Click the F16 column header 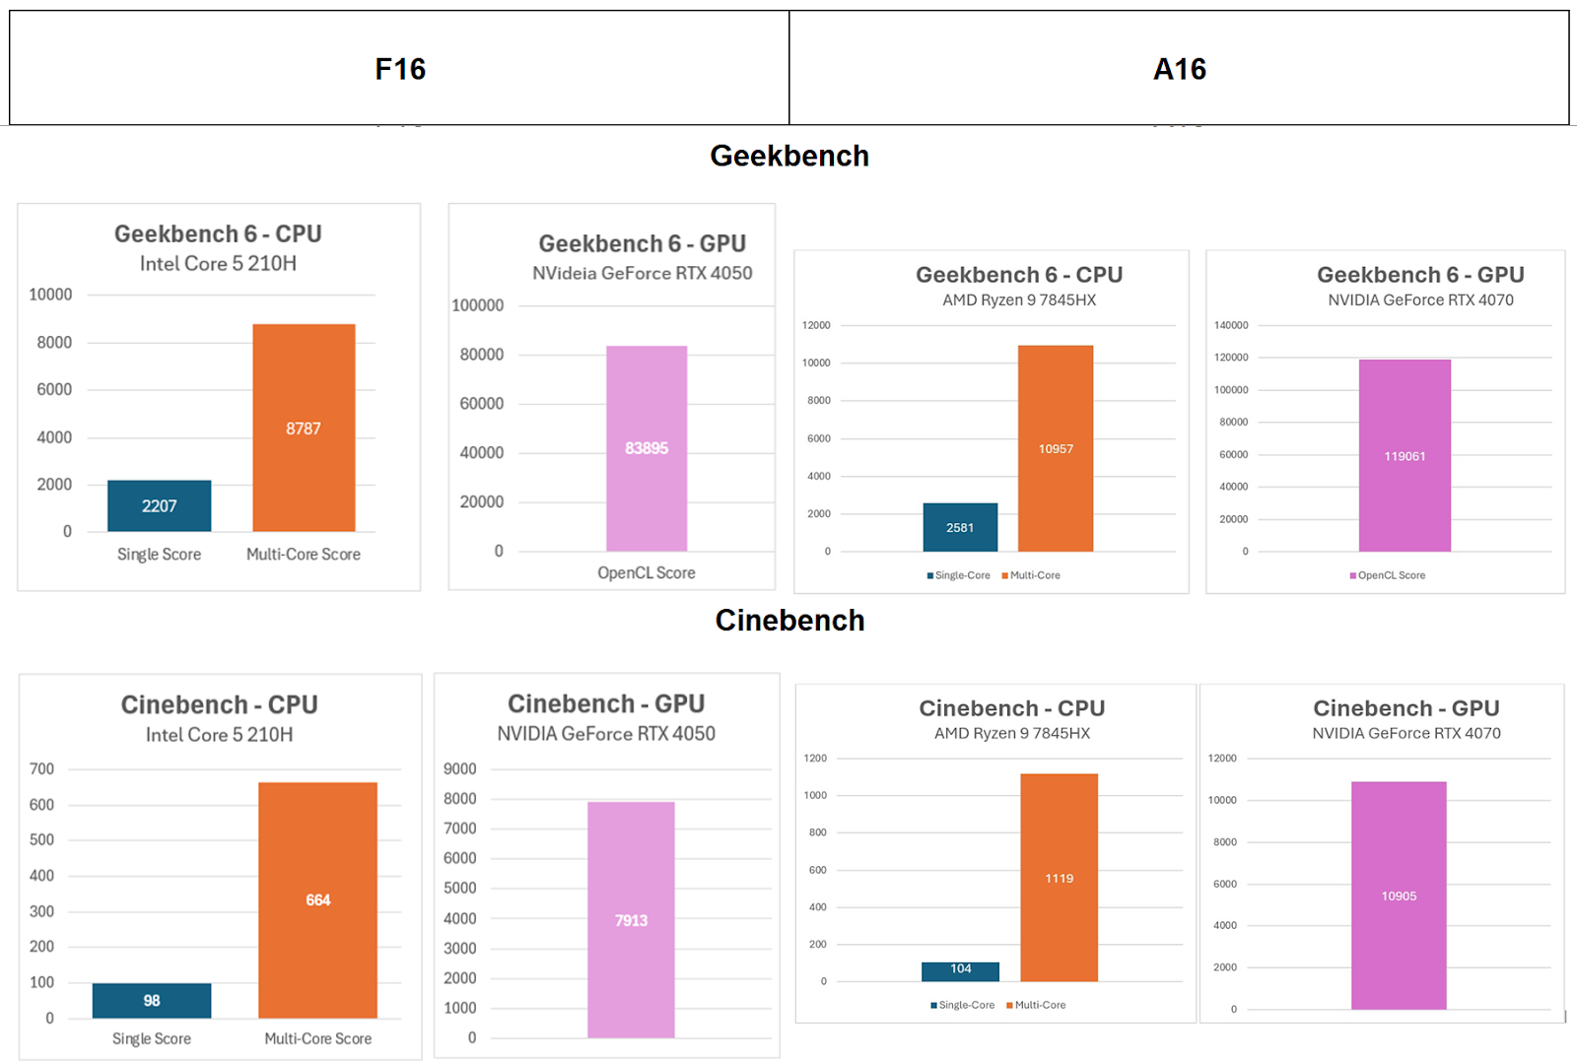tap(400, 69)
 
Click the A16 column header tap(1179, 69)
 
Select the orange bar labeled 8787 tap(304, 428)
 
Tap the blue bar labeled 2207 tap(159, 505)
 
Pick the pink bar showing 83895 tap(647, 448)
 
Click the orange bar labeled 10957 tap(1056, 448)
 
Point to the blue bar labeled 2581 tap(960, 527)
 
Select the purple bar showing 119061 tap(1405, 455)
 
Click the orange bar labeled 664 tap(317, 899)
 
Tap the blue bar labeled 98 tap(152, 1000)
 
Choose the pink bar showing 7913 tap(631, 919)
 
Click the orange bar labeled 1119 tap(1059, 877)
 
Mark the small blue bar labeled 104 tap(960, 970)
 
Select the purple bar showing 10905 tap(1399, 895)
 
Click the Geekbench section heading tap(789, 156)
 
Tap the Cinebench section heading tap(789, 620)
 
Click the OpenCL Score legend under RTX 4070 tap(1390, 575)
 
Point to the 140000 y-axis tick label tap(1231, 325)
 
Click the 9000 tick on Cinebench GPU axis tap(459, 768)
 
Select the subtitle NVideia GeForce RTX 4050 tap(642, 273)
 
